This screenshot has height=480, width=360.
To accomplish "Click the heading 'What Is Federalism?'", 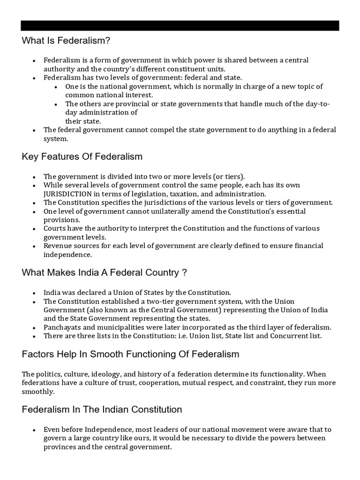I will pos(66,41).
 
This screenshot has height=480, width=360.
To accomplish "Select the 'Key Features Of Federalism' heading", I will pos(82,157).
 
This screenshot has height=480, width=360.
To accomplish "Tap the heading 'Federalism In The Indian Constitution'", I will pos(102,409).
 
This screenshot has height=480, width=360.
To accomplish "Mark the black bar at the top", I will pos(180,26).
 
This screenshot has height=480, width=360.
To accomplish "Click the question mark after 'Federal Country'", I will pos(185,272).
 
